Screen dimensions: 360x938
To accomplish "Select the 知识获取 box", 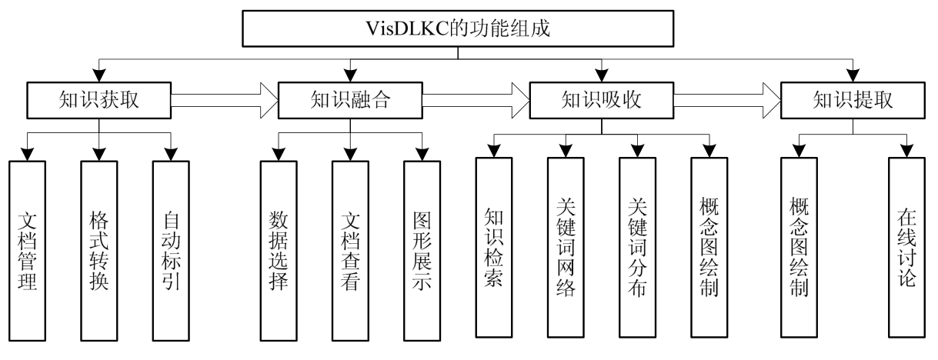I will pyautogui.click(x=98, y=101).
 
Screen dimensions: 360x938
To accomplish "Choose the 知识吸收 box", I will pyautogui.click(x=603, y=101).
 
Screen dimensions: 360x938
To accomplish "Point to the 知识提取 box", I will pyautogui.click(x=853, y=101).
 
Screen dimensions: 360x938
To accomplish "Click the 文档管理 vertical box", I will pyautogui.click(x=27, y=250).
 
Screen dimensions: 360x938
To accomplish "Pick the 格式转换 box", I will pyautogui.click(x=98, y=250).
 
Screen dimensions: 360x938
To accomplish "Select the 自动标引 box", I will pyautogui.click(x=171, y=250).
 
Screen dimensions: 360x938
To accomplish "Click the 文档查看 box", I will pyautogui.click(x=351, y=250).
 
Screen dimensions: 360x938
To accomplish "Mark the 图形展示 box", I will pyautogui.click(x=422, y=250).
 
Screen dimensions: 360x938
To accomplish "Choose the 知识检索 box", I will pyautogui.click(x=494, y=246).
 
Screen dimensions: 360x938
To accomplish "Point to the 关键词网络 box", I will pyautogui.click(x=566, y=246).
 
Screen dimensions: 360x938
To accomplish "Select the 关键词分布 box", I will pyautogui.click(x=638, y=246).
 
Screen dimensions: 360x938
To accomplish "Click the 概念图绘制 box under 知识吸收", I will pyautogui.click(x=709, y=246).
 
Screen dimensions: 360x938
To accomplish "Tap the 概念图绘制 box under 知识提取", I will pyautogui.click(x=798, y=246).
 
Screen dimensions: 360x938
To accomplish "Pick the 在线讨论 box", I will pyautogui.click(x=906, y=246).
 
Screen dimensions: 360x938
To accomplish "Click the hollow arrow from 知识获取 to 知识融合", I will pyautogui.click(x=225, y=99).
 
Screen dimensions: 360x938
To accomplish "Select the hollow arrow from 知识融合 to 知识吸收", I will pyautogui.click(x=476, y=99).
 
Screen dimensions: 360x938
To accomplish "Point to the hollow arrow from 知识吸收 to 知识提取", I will pyautogui.click(x=727, y=99).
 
